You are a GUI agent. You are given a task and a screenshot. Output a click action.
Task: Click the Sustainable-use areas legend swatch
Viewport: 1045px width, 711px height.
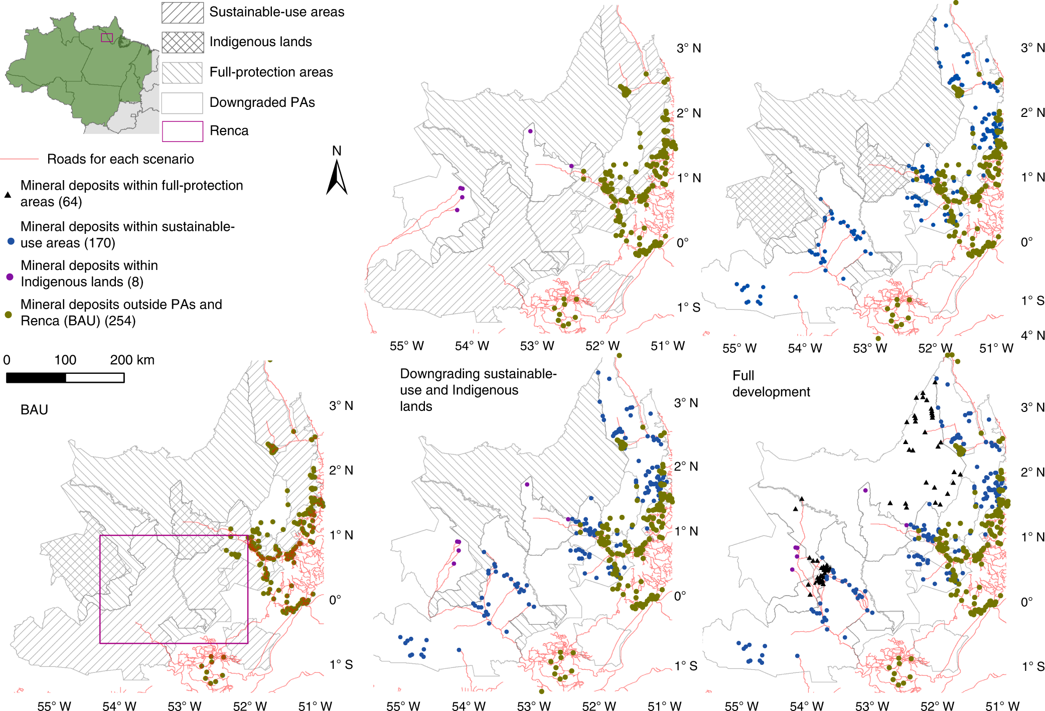pos(183,13)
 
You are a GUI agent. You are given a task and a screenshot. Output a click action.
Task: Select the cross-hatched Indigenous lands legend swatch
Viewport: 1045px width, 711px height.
pos(183,42)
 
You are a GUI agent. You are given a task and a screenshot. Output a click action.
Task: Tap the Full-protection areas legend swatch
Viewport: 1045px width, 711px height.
pos(183,73)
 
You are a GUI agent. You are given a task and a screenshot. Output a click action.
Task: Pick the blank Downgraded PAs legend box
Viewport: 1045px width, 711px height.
pos(183,103)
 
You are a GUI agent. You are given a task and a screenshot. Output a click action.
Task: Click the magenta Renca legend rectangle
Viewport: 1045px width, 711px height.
pos(183,131)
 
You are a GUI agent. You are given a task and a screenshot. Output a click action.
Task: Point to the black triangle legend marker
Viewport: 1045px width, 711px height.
pos(8,195)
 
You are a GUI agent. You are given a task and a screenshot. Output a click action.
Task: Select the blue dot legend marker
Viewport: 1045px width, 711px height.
pos(11,241)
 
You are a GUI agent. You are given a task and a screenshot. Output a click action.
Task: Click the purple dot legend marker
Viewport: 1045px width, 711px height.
pos(10,276)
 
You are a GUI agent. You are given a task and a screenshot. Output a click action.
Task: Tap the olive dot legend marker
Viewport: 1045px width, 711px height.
pos(9,315)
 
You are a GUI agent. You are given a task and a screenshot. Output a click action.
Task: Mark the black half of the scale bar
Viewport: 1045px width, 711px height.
pos(36,378)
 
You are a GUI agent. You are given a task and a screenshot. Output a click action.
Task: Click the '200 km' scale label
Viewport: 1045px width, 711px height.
pos(132,360)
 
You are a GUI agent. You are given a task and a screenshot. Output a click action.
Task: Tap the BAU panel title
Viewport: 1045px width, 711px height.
pos(35,410)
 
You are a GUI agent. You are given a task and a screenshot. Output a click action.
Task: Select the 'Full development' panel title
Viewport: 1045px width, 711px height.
pos(771,384)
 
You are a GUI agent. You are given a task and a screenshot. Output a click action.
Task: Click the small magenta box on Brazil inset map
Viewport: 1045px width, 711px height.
pos(107,38)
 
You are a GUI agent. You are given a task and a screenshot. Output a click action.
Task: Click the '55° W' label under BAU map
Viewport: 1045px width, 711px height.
pos(54,706)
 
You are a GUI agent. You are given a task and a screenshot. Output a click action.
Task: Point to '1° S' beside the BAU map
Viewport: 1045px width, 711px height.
pos(341,664)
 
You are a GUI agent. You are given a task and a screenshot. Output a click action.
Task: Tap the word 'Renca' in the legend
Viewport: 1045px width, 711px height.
pos(229,131)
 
